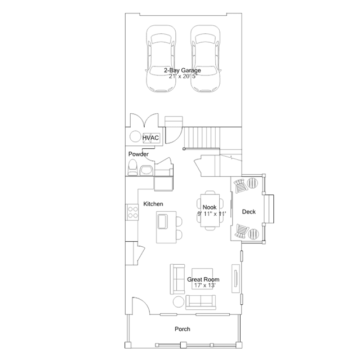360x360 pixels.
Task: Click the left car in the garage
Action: tap(161, 59)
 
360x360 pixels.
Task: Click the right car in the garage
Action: tap(205, 59)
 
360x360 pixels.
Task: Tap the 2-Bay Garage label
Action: tap(183, 70)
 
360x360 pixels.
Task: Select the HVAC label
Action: tap(150, 138)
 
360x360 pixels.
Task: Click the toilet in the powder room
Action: tap(132, 167)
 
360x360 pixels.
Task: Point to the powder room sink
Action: tap(146, 170)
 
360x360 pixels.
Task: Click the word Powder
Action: tap(139, 154)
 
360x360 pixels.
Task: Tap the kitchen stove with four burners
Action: tap(132, 212)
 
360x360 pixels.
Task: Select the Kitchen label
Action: tap(153, 204)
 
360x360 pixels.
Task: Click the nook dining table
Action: tap(210, 210)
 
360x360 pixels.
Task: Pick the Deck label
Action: tap(249, 212)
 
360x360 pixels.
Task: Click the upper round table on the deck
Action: tap(252, 183)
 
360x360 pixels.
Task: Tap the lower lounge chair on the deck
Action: tap(242, 232)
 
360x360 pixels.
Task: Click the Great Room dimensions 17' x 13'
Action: tap(205, 286)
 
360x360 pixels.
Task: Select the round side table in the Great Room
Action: tap(179, 302)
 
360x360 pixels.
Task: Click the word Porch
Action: tap(183, 329)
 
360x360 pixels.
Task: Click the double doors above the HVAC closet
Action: tap(144, 120)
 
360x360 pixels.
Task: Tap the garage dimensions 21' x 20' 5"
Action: tap(183, 76)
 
